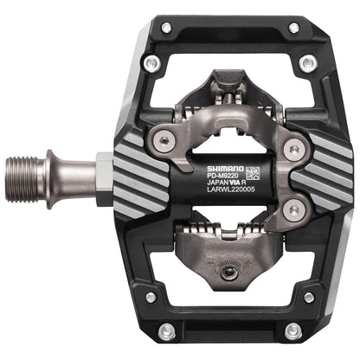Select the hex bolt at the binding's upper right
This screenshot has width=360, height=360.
pyautogui.click(x=293, y=149)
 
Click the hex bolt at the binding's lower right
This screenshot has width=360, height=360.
pyautogui.click(x=292, y=208)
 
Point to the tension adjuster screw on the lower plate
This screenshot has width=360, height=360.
pyautogui.click(x=224, y=273)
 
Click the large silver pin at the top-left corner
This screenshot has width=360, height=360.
pyautogui.click(x=152, y=62)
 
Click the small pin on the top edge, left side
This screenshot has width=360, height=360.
pyautogui.click(x=165, y=28)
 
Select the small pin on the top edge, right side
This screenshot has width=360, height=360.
pyautogui.click(x=294, y=28)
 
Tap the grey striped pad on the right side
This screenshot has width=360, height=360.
pyautogui.click(x=319, y=177)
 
